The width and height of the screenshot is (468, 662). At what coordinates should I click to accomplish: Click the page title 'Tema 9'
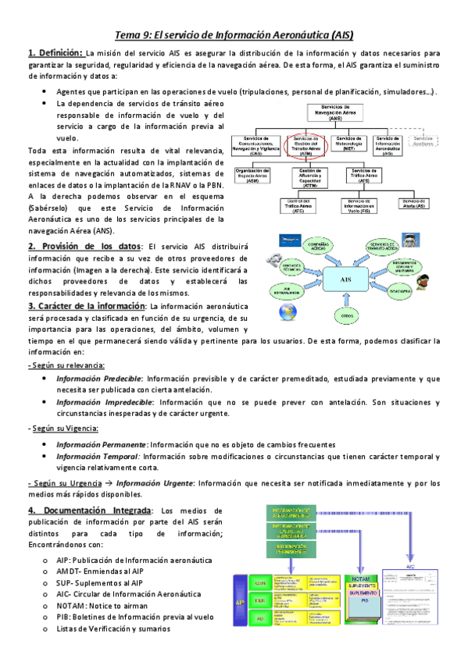[234, 35]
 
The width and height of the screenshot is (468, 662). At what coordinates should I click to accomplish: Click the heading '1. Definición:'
[56, 52]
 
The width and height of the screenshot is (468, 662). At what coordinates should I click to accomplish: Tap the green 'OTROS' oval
[347, 315]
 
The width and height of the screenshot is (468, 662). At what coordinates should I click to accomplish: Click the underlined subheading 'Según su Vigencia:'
[63, 429]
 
